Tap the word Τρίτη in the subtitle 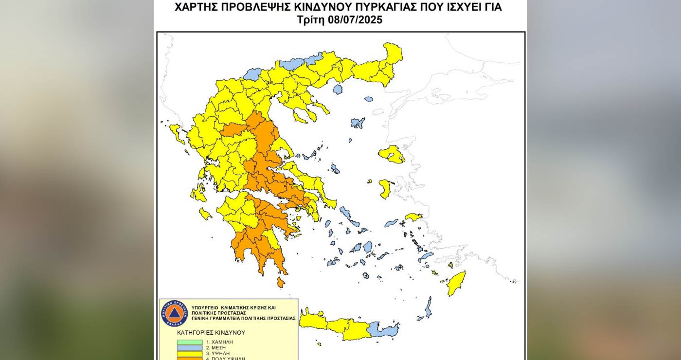click(x=311, y=20)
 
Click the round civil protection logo click(x=174, y=313)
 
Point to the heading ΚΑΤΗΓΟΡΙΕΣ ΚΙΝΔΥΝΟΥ click(x=211, y=333)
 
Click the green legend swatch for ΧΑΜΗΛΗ click(x=189, y=342)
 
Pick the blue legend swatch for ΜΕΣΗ click(x=189, y=348)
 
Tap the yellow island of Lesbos click(x=392, y=154)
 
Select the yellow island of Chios click(x=385, y=189)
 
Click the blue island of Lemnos click(x=358, y=123)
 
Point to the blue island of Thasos click(x=338, y=89)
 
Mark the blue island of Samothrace click(x=369, y=99)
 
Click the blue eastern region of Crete click(x=383, y=330)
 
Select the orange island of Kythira click(x=281, y=282)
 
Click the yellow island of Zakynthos click(x=205, y=214)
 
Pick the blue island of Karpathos click(x=428, y=307)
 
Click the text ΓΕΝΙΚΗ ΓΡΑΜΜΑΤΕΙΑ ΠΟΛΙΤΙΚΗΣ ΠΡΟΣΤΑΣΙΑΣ click(x=243, y=318)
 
